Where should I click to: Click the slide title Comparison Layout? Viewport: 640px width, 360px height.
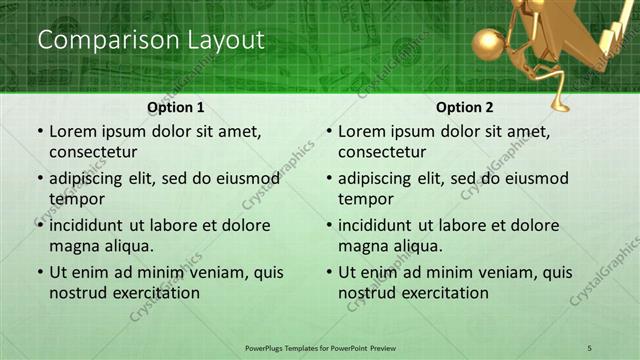[150, 41]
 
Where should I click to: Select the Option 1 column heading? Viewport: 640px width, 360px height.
[176, 107]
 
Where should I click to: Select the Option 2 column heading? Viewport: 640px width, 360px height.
[465, 107]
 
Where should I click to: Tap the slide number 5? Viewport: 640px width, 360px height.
[590, 346]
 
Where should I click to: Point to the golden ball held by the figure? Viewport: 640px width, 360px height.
[490, 45]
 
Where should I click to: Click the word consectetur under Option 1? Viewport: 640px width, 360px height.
[93, 152]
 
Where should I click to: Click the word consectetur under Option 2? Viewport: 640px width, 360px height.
[382, 152]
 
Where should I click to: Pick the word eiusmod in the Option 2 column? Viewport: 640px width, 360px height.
[535, 178]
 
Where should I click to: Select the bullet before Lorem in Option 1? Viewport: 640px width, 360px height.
[39, 131]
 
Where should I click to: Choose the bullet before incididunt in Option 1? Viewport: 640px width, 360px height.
[39, 225]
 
